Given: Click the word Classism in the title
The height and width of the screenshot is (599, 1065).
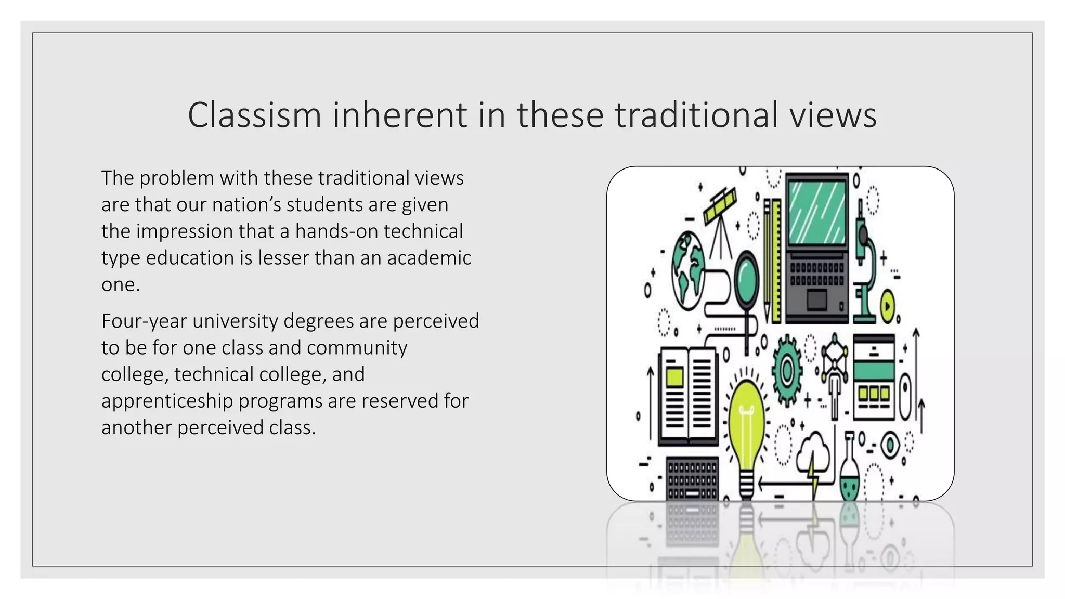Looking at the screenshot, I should (x=254, y=115).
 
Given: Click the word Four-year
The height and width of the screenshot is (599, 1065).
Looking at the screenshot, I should (x=144, y=321).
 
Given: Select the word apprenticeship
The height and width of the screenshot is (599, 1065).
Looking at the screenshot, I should (x=167, y=401).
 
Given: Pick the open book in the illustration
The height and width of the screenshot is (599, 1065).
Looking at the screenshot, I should (x=687, y=395).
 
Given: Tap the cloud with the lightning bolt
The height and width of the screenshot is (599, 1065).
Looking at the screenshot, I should (x=814, y=452).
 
